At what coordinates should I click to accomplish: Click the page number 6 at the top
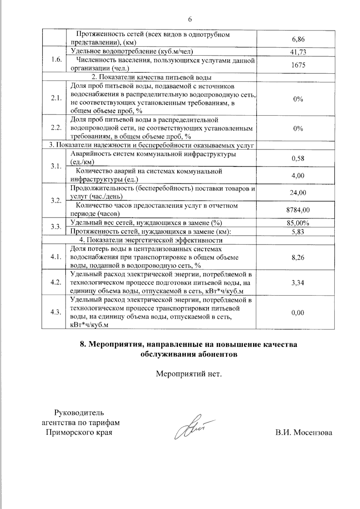190,19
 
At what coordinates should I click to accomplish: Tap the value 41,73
298,52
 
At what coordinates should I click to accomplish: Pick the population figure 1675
298,65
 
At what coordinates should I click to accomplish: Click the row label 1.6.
56,59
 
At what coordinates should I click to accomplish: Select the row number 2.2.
56,128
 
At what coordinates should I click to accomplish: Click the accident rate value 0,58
298,158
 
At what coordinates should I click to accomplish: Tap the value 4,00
298,175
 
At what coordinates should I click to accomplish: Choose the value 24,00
298,193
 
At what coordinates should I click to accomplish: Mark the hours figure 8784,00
298,210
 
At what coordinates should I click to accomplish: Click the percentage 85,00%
298,223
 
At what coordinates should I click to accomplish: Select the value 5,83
298,232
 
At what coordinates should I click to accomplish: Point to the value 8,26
298,257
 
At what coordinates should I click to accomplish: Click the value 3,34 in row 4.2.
298,283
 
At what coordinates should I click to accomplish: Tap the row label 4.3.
56,312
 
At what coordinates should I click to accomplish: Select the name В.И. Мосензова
304,433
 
